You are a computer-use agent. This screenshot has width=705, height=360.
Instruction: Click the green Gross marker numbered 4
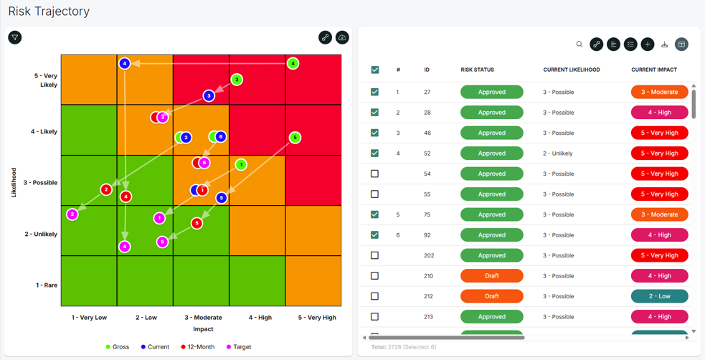[293, 63]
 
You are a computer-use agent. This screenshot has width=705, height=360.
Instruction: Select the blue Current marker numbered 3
[209, 95]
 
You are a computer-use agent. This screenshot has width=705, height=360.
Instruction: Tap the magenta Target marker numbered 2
[72, 214]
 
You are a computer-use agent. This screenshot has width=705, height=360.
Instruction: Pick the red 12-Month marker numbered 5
[197, 223]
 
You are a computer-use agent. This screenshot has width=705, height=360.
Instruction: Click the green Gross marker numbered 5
[295, 138]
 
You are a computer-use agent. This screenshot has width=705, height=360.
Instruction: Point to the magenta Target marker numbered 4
[125, 247]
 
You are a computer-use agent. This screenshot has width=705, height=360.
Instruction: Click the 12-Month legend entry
[197, 347]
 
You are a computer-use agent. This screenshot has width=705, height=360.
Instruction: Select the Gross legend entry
[118, 347]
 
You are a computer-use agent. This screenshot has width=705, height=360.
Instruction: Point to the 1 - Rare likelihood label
[47, 285]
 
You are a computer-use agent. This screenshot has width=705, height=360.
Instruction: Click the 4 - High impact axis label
[260, 317]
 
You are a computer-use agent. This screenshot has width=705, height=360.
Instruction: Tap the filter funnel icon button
[15, 38]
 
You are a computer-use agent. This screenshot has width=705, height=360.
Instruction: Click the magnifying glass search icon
[579, 44]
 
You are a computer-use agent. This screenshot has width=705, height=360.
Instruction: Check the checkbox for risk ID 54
[374, 174]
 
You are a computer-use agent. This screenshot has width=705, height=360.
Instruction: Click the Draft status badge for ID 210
[492, 276]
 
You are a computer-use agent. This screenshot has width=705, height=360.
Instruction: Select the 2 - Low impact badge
[660, 296]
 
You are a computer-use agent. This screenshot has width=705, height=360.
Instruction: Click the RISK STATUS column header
[478, 70]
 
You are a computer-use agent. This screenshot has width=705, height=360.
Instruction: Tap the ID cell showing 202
[429, 255]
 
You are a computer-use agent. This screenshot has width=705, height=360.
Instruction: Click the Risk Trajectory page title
[49, 11]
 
